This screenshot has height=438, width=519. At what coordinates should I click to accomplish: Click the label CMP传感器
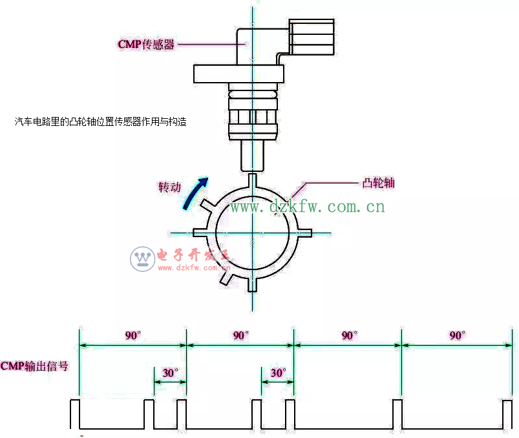pos(146,45)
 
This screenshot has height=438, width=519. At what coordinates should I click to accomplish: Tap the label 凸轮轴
pos(379,183)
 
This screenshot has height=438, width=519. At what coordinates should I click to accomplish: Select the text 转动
pos(170,187)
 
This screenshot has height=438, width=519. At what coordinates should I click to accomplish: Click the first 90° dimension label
pos(133,335)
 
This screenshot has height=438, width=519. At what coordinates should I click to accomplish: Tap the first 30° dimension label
pos(170,373)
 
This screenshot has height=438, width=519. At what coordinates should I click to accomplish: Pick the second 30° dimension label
pos(278,373)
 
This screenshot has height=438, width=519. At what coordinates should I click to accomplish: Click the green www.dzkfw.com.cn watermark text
pos(308,207)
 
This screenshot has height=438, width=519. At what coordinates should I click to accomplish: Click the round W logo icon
pos(142,259)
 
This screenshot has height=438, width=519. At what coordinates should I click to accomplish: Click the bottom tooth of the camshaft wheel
pos(253,284)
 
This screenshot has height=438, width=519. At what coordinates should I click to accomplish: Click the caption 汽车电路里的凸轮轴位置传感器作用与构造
pos(100,121)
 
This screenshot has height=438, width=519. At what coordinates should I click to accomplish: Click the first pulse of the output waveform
pos(74,413)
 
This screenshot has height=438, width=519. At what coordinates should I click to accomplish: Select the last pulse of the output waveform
pos(507,413)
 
